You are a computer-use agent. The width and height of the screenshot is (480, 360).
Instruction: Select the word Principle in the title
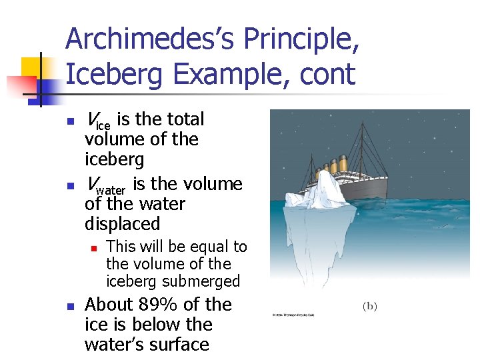click(x=303, y=40)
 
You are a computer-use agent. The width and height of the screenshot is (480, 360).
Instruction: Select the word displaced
click(x=122, y=224)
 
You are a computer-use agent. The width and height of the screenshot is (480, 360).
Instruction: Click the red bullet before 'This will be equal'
click(x=95, y=248)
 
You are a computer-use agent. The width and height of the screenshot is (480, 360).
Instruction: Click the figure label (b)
click(x=369, y=306)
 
